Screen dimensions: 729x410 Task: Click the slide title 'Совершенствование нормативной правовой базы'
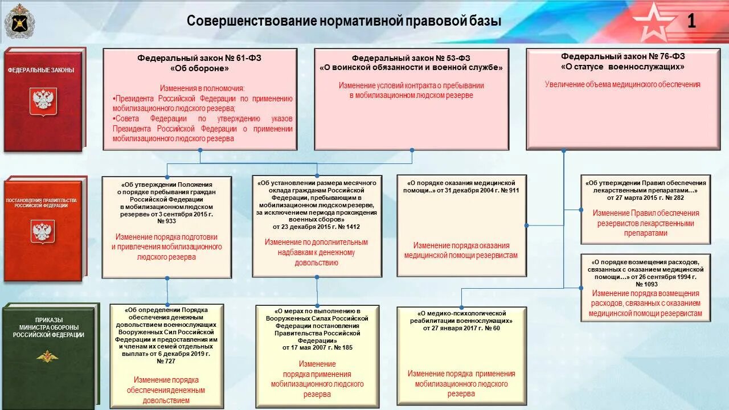[345, 21]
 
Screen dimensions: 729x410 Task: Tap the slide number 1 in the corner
[691, 21]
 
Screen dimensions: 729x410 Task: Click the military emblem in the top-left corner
[18, 22]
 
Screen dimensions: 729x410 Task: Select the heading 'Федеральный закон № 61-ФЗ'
[199, 58]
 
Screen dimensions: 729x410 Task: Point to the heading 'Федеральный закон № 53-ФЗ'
[411, 58]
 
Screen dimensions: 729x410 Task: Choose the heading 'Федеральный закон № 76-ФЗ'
[622, 56]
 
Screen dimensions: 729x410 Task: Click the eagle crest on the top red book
[43, 100]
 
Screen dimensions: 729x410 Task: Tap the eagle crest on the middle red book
[43, 231]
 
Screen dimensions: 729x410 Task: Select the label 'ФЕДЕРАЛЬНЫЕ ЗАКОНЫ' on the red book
[41, 70]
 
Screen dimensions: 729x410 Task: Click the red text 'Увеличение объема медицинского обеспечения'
[622, 84]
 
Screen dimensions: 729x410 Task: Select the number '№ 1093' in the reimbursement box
[646, 284]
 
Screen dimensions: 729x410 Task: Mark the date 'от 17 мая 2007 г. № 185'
[317, 347]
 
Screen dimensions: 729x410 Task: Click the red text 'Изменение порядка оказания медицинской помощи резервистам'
[461, 251]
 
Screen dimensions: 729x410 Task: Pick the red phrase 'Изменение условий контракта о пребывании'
[411, 85]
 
